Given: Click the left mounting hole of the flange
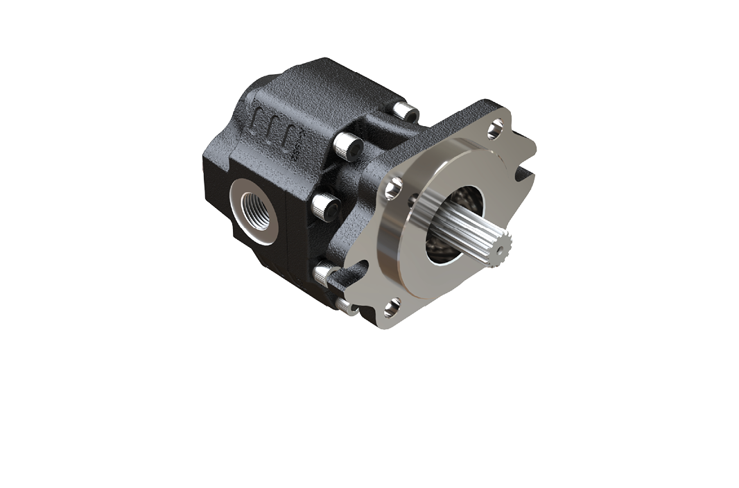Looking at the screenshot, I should point(394,186).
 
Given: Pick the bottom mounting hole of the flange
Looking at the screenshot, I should point(392,306).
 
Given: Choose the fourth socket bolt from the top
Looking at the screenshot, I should point(323,272).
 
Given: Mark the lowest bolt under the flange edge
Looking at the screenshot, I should point(346,305).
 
